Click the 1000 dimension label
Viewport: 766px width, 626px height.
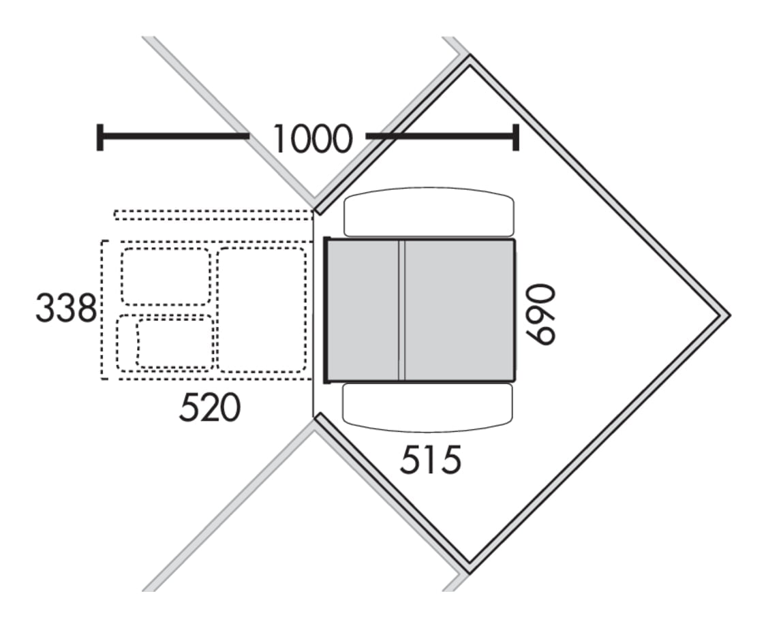click(x=312, y=139)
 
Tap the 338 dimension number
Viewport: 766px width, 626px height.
click(x=66, y=308)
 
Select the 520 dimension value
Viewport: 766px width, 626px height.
click(x=210, y=407)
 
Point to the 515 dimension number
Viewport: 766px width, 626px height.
click(x=431, y=459)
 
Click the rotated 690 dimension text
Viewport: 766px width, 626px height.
click(x=540, y=315)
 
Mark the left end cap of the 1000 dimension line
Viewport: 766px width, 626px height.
click(x=100, y=137)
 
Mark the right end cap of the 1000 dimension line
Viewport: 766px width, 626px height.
click(x=515, y=137)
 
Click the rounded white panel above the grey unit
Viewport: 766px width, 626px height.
click(x=429, y=212)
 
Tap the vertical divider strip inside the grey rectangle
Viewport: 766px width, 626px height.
click(x=401, y=309)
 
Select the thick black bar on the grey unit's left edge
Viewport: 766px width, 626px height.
click(x=327, y=310)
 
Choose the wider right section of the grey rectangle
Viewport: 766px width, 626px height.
click(x=459, y=309)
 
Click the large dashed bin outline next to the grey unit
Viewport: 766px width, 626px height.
click(x=262, y=309)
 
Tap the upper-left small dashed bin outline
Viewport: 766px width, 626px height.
click(x=166, y=277)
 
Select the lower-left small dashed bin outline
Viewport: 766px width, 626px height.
click(x=165, y=343)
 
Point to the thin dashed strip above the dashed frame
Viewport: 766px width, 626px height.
click(x=213, y=215)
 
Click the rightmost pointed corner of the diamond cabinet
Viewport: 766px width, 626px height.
click(x=730, y=315)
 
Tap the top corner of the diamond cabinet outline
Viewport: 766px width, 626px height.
click(x=470, y=56)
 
